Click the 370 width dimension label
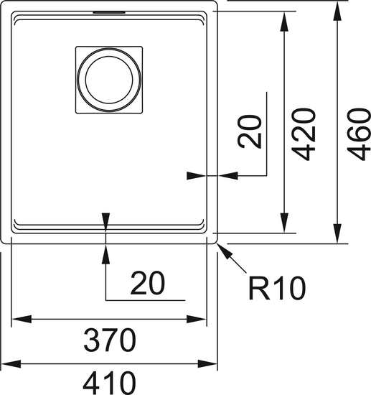click(x=110, y=340)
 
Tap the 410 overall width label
click(x=109, y=383)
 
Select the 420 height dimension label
click(x=304, y=134)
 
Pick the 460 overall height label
click(x=359, y=134)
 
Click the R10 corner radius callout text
click(x=277, y=288)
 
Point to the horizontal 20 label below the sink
click(x=148, y=283)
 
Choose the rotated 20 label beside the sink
click(x=250, y=131)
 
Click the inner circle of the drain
click(x=109, y=80)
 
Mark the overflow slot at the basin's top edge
click(x=109, y=11)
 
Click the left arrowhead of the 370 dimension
click(x=22, y=319)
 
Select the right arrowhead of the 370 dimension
click(x=196, y=319)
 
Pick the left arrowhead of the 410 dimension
click(x=11, y=363)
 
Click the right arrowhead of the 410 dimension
click(x=207, y=363)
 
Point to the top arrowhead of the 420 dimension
click(x=284, y=22)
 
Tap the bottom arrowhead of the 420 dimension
click(x=284, y=223)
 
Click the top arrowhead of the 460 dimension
click(x=337, y=11)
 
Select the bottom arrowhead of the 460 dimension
click(x=337, y=233)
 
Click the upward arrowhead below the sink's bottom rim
click(x=105, y=254)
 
